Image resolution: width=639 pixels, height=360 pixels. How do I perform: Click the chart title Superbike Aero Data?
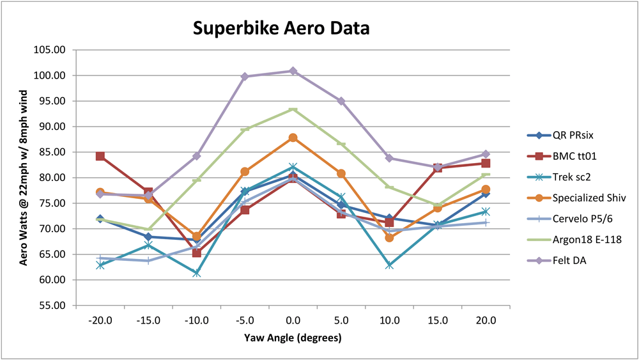[282, 29]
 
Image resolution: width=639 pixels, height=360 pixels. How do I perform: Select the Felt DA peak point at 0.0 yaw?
[293, 71]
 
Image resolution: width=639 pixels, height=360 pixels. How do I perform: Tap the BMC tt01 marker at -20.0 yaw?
[100, 156]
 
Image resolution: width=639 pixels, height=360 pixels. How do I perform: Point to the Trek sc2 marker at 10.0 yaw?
[389, 265]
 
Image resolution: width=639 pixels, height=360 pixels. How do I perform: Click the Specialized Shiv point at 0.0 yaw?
[293, 137]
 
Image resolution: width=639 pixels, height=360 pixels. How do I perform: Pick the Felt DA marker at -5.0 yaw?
[245, 77]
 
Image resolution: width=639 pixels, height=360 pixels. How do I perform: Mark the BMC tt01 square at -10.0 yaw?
[197, 253]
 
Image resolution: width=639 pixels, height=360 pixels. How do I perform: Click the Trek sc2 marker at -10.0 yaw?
[197, 273]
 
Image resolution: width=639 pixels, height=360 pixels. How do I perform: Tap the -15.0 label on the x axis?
[148, 320]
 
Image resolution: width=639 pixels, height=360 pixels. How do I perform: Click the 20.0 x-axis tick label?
[486, 320]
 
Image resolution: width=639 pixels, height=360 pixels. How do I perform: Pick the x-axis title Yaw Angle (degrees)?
[293, 338]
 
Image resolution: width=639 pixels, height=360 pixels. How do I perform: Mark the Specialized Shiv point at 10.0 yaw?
[389, 238]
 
